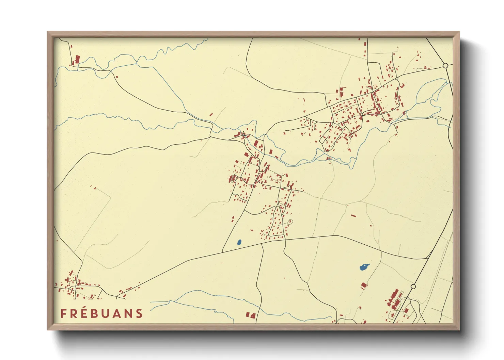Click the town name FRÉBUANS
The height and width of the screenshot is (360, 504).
point(101,313)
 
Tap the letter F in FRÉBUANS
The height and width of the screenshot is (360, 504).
point(63,313)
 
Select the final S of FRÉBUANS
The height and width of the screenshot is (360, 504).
point(140,313)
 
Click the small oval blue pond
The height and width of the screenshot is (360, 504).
point(239,242)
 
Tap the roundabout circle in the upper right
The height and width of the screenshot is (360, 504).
point(445,65)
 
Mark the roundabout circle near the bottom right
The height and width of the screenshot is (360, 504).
point(413,287)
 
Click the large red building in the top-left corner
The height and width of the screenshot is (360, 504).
point(77,60)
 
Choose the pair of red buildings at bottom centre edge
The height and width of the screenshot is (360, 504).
point(250,315)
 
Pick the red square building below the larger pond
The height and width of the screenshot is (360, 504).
point(364,285)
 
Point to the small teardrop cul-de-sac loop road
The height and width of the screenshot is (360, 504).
point(290,222)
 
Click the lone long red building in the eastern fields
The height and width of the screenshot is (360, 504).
point(353,216)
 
